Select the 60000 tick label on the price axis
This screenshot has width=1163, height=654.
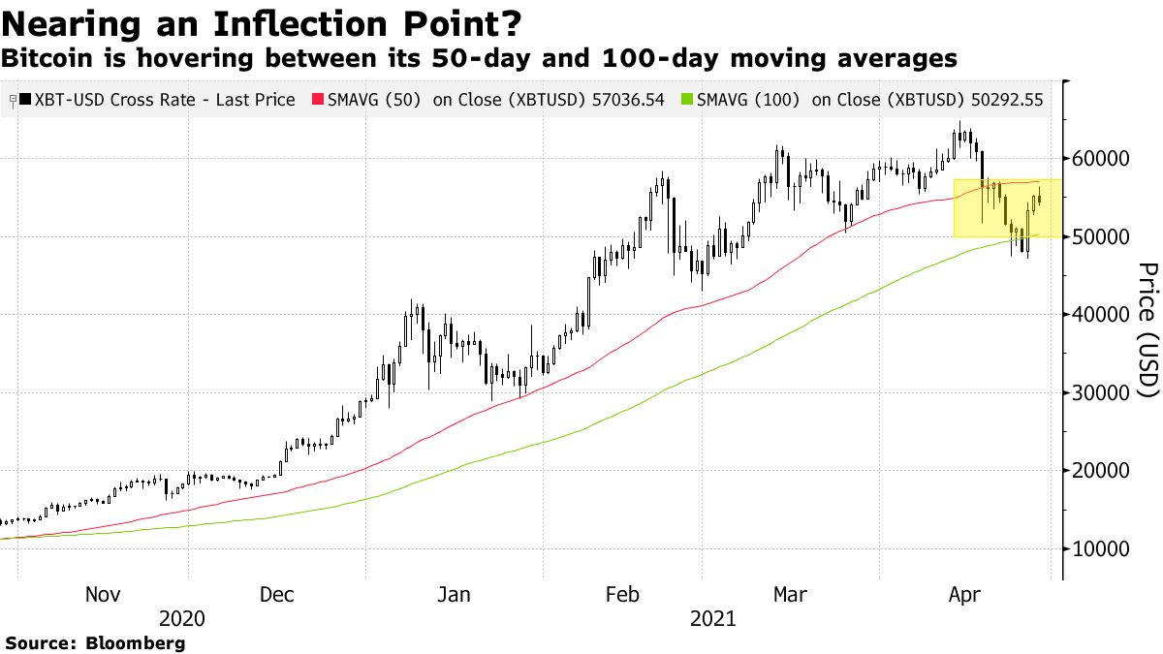(1102, 159)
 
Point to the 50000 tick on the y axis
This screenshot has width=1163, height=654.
(1102, 237)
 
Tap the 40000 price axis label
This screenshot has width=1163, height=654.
(1102, 315)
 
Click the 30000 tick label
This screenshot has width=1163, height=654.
(1102, 393)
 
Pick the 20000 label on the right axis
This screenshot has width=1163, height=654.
(1102, 471)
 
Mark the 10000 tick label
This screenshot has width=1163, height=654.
(1102, 549)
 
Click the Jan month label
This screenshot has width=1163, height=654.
(454, 594)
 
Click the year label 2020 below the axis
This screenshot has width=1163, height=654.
(182, 618)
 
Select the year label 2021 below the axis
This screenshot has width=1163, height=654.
(712, 618)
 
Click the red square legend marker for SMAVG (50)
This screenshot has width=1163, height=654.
(316, 100)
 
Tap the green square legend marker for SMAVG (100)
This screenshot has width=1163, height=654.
(687, 100)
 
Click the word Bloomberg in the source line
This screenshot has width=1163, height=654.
(136, 642)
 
